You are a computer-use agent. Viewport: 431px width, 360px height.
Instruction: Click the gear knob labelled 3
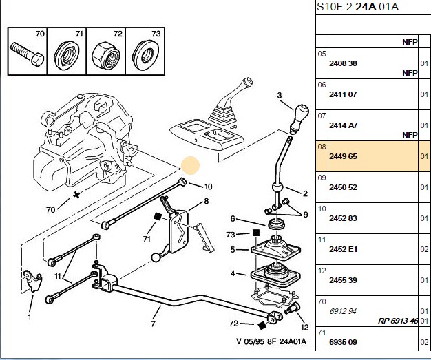tap(299, 118)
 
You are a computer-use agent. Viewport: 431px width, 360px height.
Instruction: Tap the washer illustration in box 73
tap(144, 55)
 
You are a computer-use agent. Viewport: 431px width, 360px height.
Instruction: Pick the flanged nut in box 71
tap(67, 55)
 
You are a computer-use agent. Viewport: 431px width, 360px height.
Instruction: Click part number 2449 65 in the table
tap(343, 156)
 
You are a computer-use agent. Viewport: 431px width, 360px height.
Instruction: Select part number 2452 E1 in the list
tap(343, 249)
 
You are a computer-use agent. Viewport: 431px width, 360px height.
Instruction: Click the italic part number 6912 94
tap(343, 311)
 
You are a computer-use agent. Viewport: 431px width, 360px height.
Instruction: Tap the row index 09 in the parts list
tap(322, 178)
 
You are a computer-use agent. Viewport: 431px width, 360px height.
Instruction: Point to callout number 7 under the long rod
tap(153, 324)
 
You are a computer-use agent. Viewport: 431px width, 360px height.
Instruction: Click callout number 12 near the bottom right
tap(304, 327)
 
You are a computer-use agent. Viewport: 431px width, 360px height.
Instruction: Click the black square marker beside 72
tap(262, 326)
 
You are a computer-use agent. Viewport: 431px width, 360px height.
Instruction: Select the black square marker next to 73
tap(256, 233)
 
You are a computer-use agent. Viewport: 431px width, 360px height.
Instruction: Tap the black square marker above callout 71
tap(158, 217)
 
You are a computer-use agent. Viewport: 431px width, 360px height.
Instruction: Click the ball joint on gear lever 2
tap(277, 188)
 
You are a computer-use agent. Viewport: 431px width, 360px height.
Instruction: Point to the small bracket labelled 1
tap(32, 281)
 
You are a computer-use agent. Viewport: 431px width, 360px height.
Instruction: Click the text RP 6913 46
tap(398, 321)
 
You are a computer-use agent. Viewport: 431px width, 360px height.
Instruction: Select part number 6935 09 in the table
tap(343, 342)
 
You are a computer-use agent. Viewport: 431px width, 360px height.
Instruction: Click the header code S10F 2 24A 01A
tap(357, 7)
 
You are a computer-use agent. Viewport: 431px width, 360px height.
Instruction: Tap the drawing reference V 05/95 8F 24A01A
tap(271, 341)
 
